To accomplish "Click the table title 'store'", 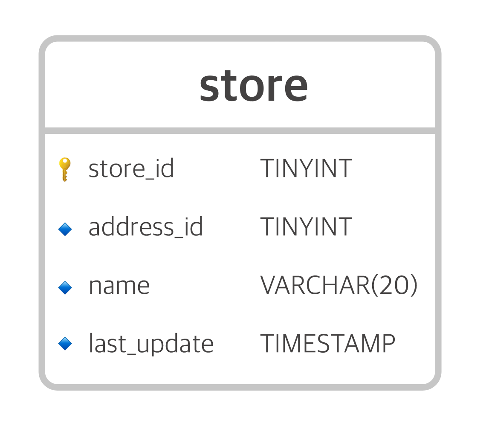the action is (x=253, y=87).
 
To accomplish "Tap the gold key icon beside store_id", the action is (x=65, y=169).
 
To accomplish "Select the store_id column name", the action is (x=131, y=168).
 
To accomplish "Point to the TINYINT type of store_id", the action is (x=306, y=168).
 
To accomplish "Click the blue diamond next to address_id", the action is (x=65, y=229).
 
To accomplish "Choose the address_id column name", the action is (x=145, y=227).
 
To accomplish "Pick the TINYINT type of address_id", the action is (x=306, y=227).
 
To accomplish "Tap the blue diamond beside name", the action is (x=65, y=288).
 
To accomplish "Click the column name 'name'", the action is (x=119, y=286).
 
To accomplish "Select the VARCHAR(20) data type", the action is (x=339, y=285).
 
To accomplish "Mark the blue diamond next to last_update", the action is (x=65, y=343).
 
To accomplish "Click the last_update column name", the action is (x=151, y=344).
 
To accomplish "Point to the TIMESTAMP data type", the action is (x=327, y=343).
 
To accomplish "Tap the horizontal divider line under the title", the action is (x=240, y=130).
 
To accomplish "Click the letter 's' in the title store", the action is (x=209, y=88).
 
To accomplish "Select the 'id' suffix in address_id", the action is (x=194, y=227).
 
